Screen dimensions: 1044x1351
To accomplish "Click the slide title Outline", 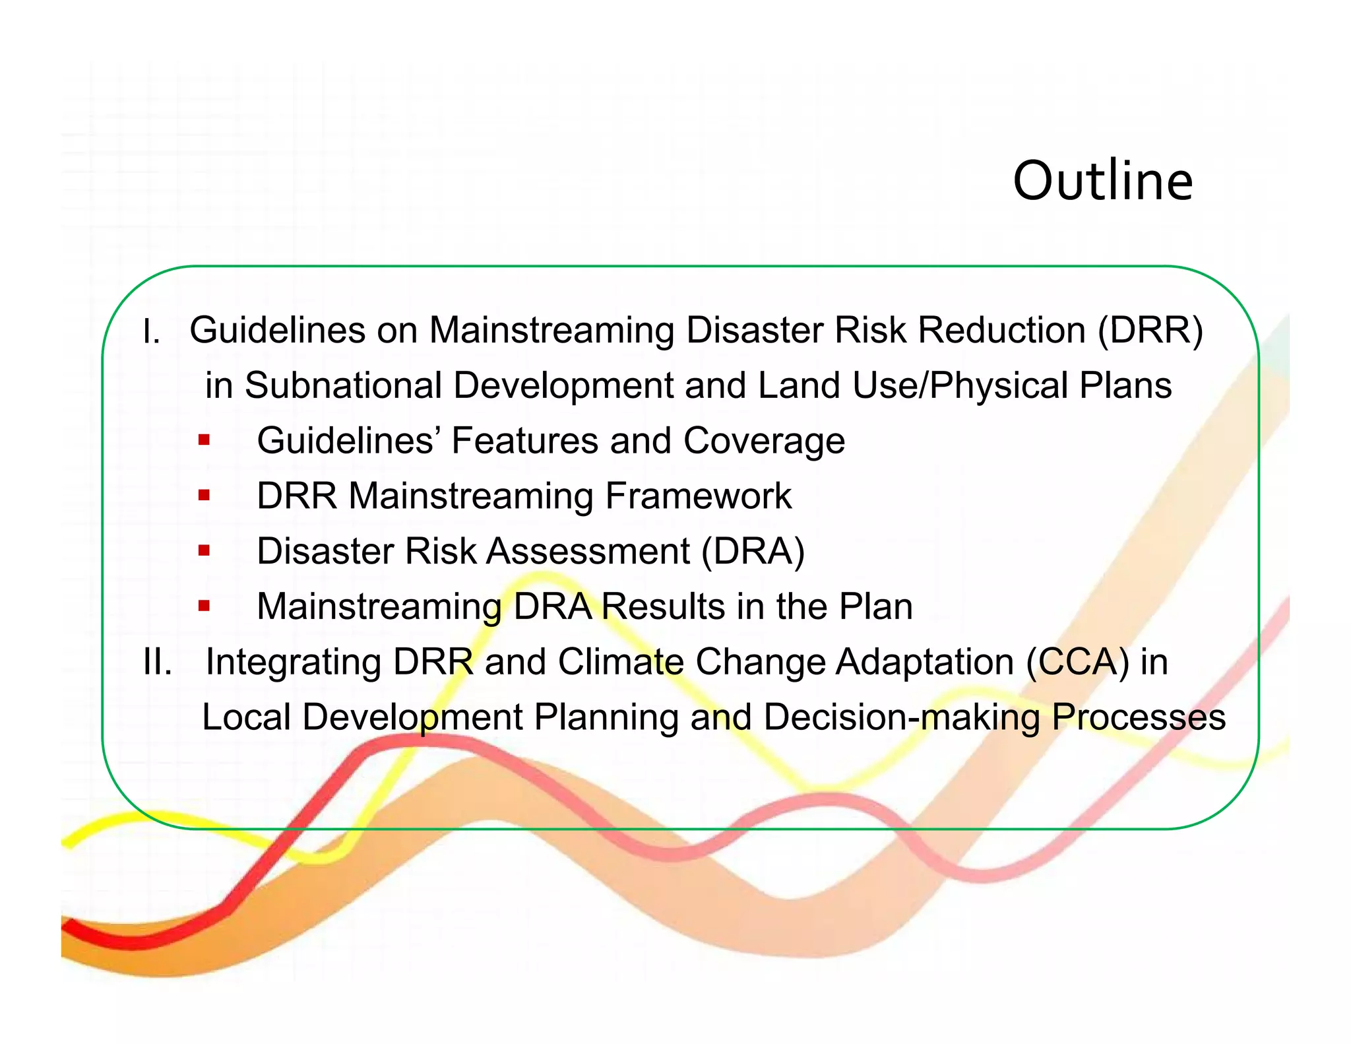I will [x=1102, y=181].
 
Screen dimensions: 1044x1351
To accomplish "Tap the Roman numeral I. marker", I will [x=151, y=331].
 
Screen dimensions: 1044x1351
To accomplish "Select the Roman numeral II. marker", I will [x=158, y=662].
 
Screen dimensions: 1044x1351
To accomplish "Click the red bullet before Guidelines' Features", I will [x=204, y=440].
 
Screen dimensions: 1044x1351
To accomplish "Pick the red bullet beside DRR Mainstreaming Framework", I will [x=204, y=494].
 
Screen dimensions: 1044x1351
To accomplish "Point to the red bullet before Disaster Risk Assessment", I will [x=204, y=550].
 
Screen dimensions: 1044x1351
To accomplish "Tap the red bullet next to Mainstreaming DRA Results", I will [x=204, y=605].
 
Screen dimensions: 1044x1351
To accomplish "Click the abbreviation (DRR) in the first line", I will [x=1150, y=330].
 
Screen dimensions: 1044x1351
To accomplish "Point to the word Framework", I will [x=698, y=496].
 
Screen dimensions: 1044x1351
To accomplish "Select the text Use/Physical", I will [x=960, y=385].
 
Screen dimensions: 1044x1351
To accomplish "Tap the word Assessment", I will [x=588, y=551].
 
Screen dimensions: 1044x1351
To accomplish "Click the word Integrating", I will [x=294, y=663].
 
